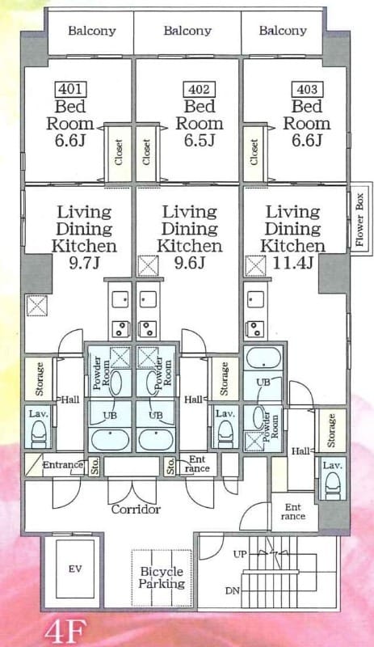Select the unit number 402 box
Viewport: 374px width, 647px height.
[x=198, y=90]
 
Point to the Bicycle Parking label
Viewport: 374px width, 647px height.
[x=162, y=577]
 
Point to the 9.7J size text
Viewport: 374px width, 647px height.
[x=84, y=263]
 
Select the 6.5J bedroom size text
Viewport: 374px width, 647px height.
[x=199, y=141]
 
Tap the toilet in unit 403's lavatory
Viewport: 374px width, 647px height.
[x=332, y=484]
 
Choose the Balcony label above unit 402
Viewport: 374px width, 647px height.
[x=187, y=31]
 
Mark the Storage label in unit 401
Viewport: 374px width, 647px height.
[x=39, y=379]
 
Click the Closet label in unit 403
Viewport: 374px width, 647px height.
[x=254, y=151]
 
